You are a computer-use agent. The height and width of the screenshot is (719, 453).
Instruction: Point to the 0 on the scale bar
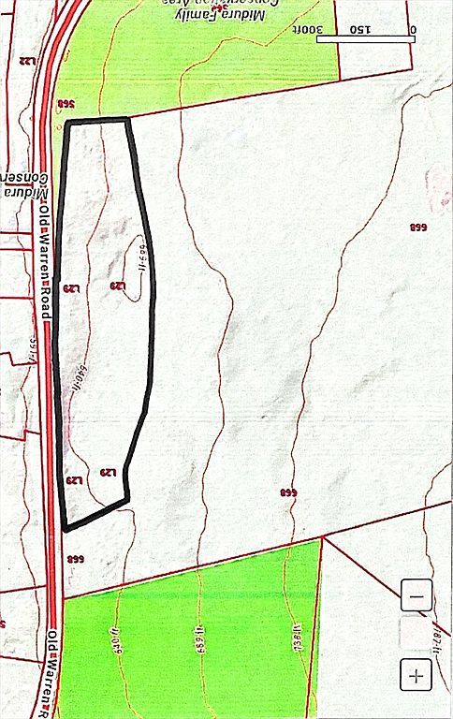(x=412, y=29)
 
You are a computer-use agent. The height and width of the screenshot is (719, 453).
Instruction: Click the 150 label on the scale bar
(x=360, y=29)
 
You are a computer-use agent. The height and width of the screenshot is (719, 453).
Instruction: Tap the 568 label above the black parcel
(x=65, y=104)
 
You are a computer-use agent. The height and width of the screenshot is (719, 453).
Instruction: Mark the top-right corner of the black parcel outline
(x=126, y=119)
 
